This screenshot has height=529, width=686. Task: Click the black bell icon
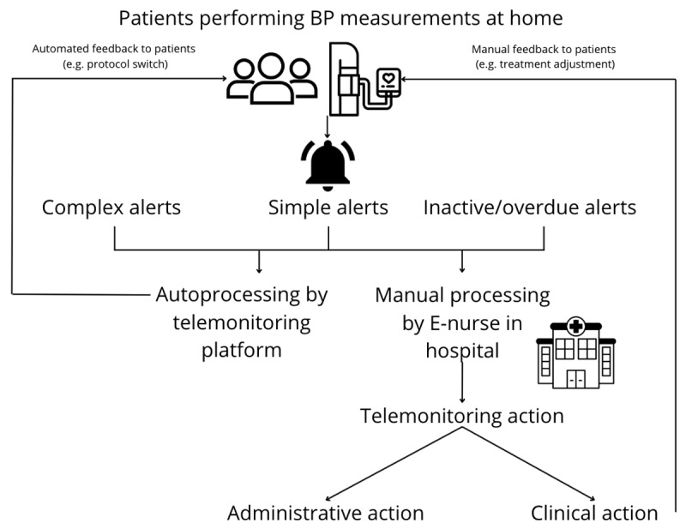pyautogui.click(x=328, y=165)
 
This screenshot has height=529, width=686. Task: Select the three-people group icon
pyautogui.click(x=272, y=79)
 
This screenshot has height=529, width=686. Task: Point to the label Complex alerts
pyautogui.click(x=111, y=207)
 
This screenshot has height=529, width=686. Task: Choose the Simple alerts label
pyautogui.click(x=328, y=207)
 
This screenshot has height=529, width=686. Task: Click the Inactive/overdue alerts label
pyautogui.click(x=530, y=207)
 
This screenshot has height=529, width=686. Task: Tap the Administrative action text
pyautogui.click(x=326, y=513)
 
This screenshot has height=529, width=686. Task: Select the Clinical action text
pyautogui.click(x=594, y=513)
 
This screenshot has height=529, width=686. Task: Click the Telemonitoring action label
pyautogui.click(x=462, y=416)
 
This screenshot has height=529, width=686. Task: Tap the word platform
pyautogui.click(x=242, y=351)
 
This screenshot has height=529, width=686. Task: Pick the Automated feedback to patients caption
pyautogui.click(x=114, y=49)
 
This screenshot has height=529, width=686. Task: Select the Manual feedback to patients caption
pyautogui.click(x=544, y=49)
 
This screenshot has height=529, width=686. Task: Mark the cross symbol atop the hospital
pyautogui.click(x=576, y=326)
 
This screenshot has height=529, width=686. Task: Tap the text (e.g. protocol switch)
pyautogui.click(x=116, y=64)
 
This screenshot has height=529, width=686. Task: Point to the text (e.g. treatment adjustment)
pyautogui.click(x=545, y=64)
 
